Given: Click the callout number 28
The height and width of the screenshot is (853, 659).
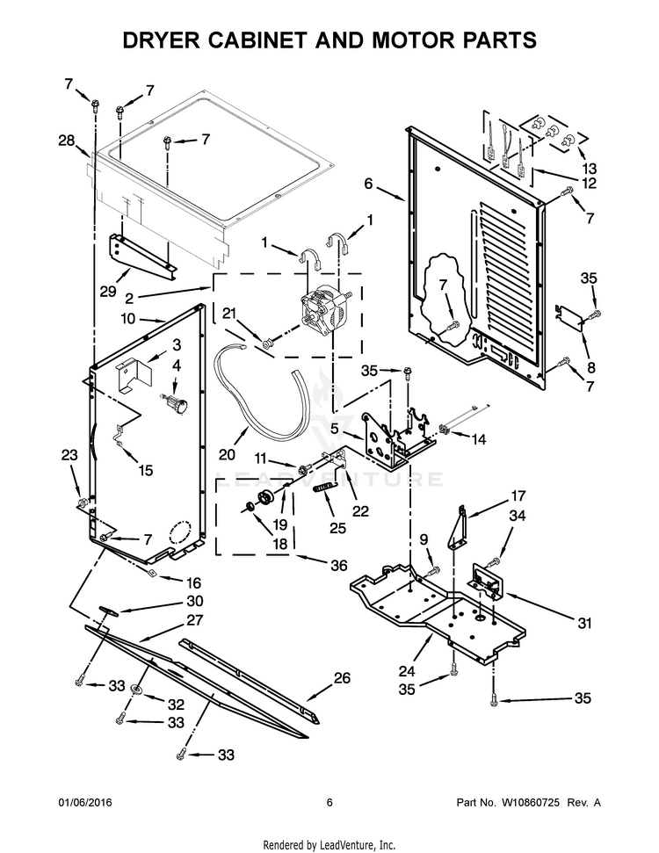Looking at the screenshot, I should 67,141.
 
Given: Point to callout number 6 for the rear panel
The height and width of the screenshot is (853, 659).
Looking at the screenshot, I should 368,184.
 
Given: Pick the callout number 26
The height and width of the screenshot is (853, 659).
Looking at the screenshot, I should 341,677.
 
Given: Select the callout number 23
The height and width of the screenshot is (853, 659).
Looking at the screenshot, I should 69,455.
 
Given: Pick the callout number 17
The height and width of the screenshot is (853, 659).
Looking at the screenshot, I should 518,495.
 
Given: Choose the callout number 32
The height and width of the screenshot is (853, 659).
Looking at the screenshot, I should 176,704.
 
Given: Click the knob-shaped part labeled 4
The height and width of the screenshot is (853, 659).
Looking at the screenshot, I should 179,405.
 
